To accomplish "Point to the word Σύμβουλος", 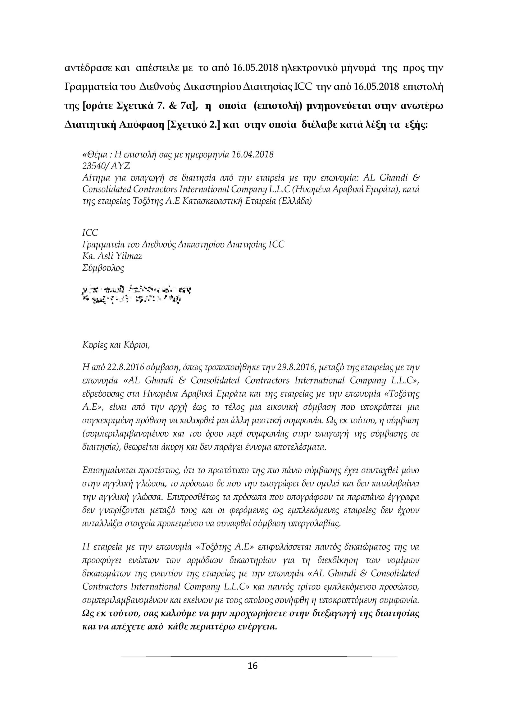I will click(103, 268).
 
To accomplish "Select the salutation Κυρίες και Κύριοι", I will click(116, 345).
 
